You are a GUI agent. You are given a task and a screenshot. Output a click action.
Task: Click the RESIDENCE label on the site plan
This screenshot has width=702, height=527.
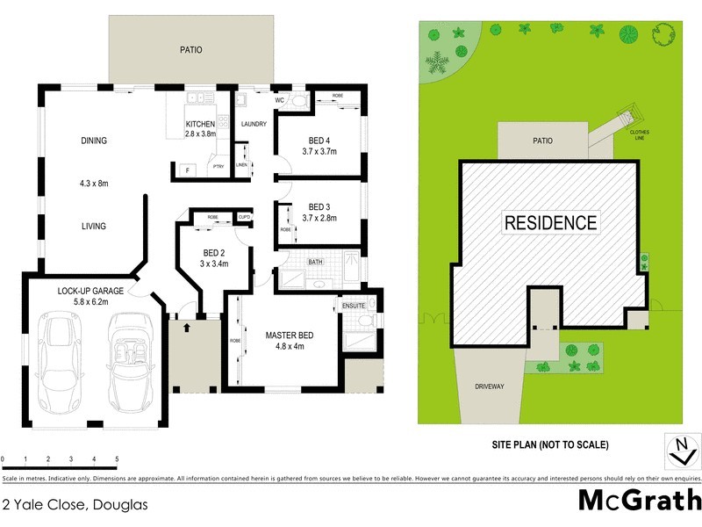[x=550, y=223]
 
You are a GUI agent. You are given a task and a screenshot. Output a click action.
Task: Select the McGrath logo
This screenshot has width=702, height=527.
[x=639, y=501]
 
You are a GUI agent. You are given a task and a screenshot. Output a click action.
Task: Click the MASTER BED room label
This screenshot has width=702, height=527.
[x=290, y=335]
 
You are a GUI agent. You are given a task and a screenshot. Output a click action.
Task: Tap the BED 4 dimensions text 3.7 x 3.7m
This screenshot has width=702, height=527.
[x=319, y=152]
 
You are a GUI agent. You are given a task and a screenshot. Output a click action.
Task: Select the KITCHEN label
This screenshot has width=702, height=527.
[x=200, y=124]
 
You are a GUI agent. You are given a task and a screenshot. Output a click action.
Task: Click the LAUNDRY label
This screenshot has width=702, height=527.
[x=254, y=124]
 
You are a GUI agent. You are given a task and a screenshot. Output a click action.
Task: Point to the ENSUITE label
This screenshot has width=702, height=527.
[x=355, y=305]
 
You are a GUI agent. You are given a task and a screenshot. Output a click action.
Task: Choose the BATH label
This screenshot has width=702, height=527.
[x=317, y=261]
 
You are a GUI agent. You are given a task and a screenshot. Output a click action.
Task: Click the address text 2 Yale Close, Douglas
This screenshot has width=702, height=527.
[x=74, y=504]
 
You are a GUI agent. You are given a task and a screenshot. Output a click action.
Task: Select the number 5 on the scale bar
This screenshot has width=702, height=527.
[x=117, y=459]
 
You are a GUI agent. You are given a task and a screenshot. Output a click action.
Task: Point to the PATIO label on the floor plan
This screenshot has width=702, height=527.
[x=190, y=50]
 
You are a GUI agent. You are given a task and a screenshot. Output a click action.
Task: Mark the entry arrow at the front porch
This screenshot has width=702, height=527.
[x=188, y=327]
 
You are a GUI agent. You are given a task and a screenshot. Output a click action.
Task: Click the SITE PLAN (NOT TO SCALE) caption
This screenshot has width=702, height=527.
[x=549, y=445]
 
